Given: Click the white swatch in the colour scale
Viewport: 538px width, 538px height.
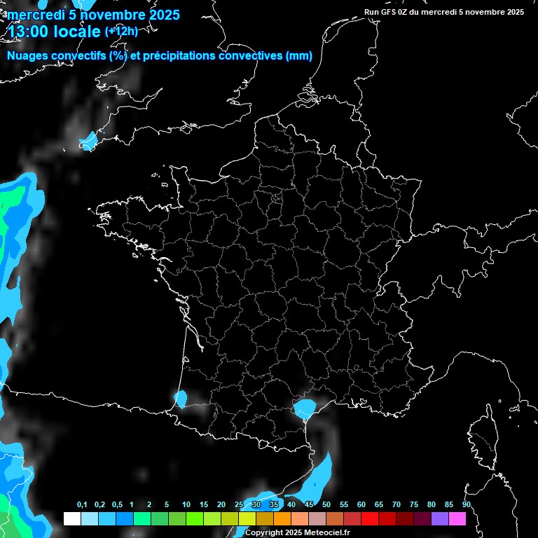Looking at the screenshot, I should tap(71, 518).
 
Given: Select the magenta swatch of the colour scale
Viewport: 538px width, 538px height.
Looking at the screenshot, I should tap(457, 518).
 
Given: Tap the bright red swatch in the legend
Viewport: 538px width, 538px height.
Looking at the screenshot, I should tap(369, 518).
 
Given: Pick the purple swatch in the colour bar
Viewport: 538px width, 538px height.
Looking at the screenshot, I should tap(439, 518).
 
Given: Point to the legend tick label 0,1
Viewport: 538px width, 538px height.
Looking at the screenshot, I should tap(82, 505).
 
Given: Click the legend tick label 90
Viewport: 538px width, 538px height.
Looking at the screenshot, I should tap(467, 505).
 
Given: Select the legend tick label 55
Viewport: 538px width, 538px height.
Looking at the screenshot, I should tap(344, 505).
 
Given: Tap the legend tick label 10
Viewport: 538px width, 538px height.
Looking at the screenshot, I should tap(186, 505).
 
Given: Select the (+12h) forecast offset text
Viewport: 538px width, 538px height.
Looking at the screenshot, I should tap(122, 32).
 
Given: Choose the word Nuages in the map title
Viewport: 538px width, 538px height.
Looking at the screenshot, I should tap(28, 56).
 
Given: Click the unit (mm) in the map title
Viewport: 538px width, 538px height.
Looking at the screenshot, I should tap(299, 56).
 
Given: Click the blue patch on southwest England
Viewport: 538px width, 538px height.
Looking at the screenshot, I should tap(88, 142).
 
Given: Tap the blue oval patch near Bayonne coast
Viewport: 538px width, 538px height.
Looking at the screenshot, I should tap(181, 400).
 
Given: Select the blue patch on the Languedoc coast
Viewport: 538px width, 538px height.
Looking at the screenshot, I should tap(305, 408).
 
